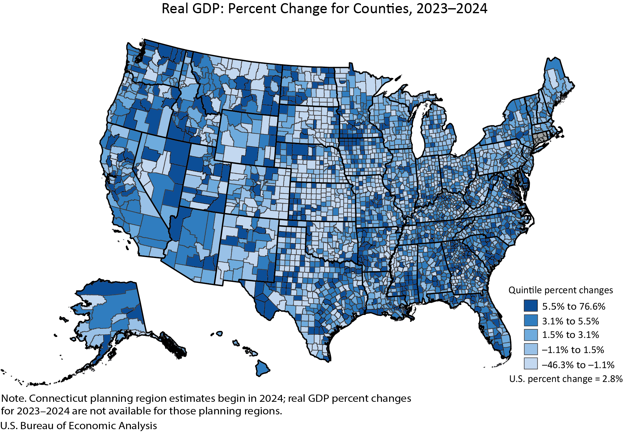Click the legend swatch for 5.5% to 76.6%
[x=530, y=306]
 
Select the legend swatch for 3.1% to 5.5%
[x=530, y=320]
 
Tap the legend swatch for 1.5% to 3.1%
[x=530, y=335]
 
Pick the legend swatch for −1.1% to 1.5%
[x=530, y=349]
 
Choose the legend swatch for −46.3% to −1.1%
[x=530, y=364]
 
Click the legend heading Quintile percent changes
[x=560, y=290]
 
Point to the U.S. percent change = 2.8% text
[x=565, y=379]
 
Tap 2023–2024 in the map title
[x=452, y=9]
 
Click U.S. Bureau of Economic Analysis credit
[x=79, y=425]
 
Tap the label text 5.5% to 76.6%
[x=573, y=306]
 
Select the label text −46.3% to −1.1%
[x=578, y=365]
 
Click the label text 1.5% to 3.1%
[x=570, y=335]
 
